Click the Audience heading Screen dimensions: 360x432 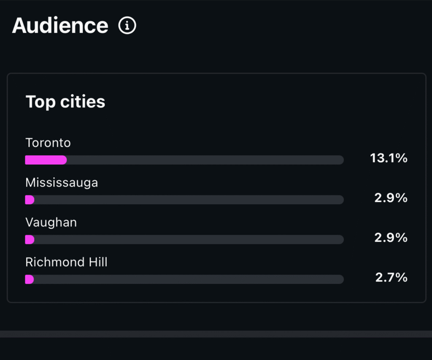(x=60, y=26)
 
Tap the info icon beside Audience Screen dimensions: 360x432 (x=127, y=26)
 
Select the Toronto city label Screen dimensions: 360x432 (x=48, y=143)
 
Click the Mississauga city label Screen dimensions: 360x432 (x=62, y=183)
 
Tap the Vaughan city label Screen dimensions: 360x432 (x=51, y=222)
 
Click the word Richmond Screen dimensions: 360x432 (x=52, y=262)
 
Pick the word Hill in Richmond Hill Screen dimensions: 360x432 (x=97, y=262)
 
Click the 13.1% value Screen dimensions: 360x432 (x=389, y=158)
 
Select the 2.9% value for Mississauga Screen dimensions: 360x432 (x=391, y=198)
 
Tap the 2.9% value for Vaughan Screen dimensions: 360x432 (x=391, y=238)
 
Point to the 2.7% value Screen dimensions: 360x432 (x=391, y=277)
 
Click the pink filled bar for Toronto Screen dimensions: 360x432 (x=46, y=160)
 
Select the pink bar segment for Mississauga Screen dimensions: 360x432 (x=30, y=200)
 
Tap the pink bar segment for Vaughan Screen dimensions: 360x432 (x=30, y=240)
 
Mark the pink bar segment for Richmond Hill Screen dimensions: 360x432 (x=29, y=279)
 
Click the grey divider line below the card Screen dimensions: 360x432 (x=216, y=334)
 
